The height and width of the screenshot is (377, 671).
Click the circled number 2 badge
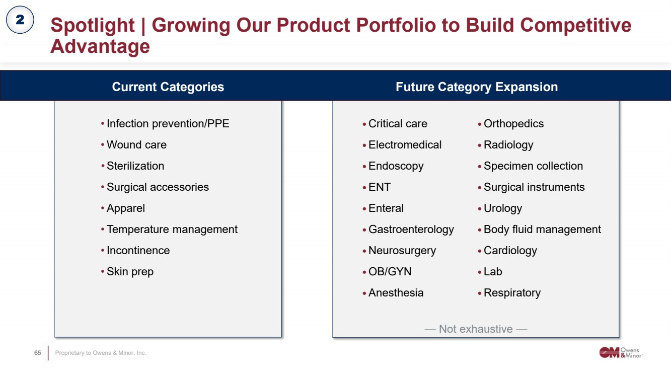point(20,20)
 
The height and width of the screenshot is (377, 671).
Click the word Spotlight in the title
point(93,25)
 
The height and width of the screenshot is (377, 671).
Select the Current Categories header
point(168,87)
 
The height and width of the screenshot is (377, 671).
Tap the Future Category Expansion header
point(477,87)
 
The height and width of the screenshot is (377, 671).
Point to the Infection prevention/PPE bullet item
point(168,124)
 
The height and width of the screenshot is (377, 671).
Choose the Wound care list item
point(136,144)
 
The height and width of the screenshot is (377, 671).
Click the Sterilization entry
point(135,166)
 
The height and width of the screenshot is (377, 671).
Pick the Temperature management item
point(172,230)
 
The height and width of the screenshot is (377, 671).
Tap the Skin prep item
point(130,272)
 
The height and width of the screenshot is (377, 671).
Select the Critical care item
point(398,124)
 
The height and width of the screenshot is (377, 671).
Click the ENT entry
point(379,187)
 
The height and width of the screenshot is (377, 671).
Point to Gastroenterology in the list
point(411,230)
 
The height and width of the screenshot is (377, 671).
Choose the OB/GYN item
point(390,272)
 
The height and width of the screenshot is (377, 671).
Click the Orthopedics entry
point(513,124)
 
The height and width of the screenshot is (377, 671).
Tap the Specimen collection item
point(533,166)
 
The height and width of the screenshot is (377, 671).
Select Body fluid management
point(542,230)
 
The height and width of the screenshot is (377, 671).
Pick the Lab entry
point(493,272)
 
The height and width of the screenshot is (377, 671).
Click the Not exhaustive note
point(476,329)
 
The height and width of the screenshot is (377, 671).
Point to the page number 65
point(37,353)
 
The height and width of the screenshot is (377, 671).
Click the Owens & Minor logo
point(621,352)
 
